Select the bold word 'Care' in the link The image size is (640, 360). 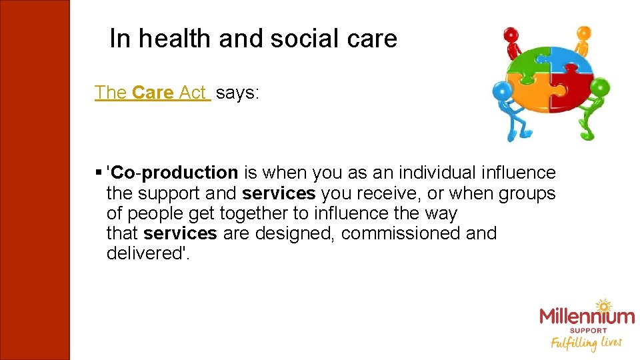point(153,93)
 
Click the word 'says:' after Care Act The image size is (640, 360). point(237,93)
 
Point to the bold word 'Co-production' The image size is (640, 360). point(175,173)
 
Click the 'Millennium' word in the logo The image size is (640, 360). point(587,316)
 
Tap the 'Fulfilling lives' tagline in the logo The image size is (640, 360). point(585,343)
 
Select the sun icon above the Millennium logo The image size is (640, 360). point(603,305)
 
